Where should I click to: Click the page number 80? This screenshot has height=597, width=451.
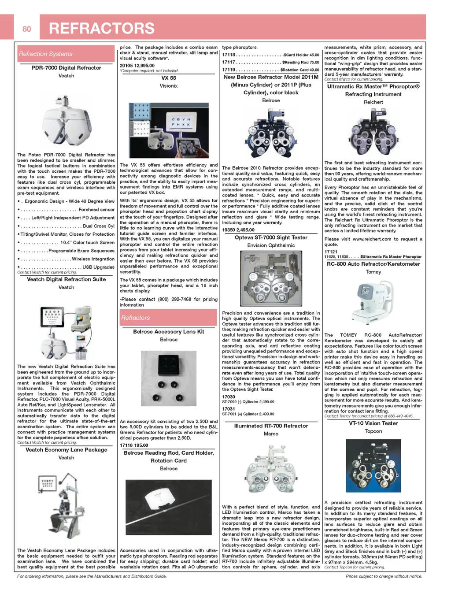(x=27, y=29)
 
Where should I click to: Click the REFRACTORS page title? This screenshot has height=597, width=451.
(x=102, y=28)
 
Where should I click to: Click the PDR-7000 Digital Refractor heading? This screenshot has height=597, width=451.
(x=66, y=68)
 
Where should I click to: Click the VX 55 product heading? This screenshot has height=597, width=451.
(x=169, y=78)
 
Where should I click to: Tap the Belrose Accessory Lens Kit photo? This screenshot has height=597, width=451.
(x=169, y=378)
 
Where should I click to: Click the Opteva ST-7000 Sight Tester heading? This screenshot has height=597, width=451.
(x=271, y=237)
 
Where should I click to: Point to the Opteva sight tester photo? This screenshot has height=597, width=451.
(x=271, y=279)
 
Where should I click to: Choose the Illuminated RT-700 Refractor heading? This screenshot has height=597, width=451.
(x=271, y=426)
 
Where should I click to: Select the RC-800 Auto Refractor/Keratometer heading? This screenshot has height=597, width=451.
(x=373, y=264)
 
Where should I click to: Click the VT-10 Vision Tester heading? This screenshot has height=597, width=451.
(x=373, y=423)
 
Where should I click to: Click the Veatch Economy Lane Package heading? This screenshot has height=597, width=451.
(x=66, y=450)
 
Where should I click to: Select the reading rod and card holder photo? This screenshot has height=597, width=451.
(x=169, y=507)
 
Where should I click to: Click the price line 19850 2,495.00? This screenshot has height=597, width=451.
(x=238, y=230)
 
